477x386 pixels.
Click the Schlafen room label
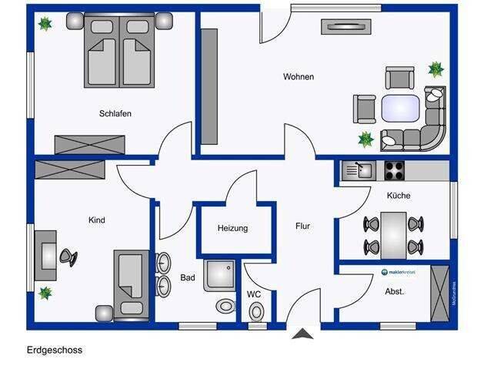coord(115,114)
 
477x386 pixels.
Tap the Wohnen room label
coord(299,77)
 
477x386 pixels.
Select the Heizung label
coord(233,229)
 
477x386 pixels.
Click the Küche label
coord(399,196)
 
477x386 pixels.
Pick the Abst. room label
coord(394,291)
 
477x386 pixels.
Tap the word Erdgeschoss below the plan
coord(54,350)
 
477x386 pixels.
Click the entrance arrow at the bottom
coord(303,334)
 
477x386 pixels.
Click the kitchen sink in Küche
coord(357,170)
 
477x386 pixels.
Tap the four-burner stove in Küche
coord(394,170)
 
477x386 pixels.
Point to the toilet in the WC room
coord(256,310)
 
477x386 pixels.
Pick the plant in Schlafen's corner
coord(45,24)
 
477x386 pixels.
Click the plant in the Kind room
coord(45,293)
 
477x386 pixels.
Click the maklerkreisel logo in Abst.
coord(399,272)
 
